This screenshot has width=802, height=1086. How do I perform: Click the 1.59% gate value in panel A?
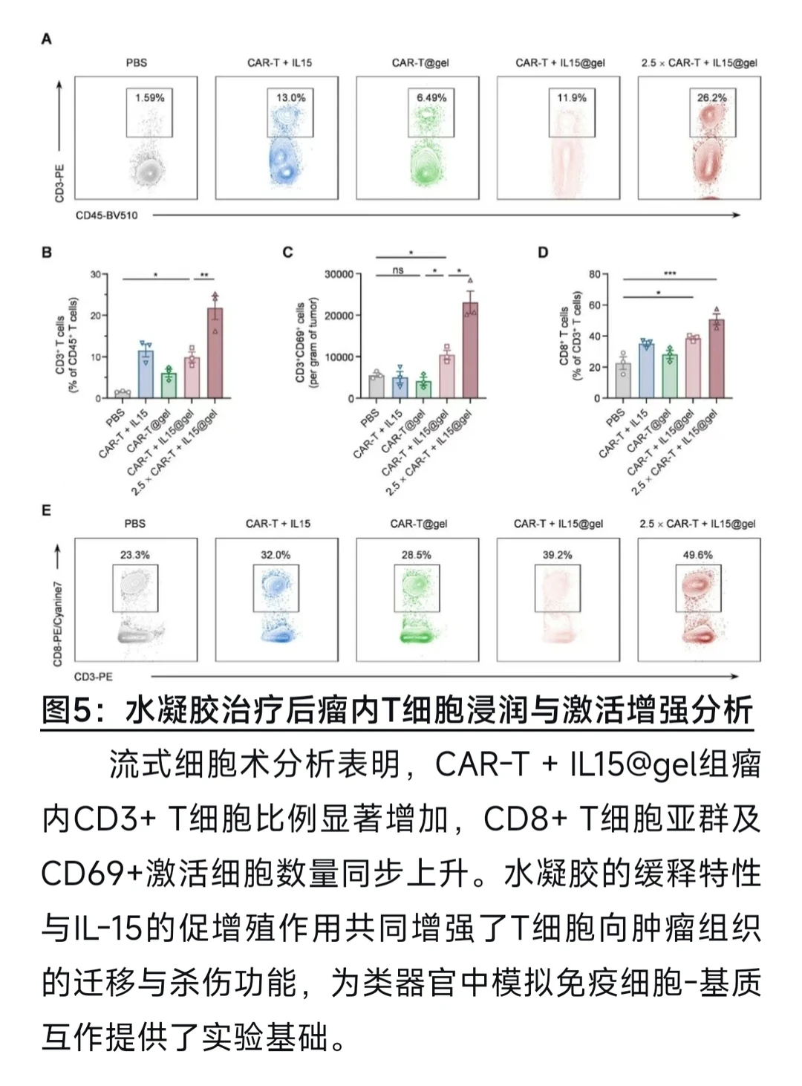click(149, 97)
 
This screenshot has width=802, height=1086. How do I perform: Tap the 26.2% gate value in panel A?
click(711, 97)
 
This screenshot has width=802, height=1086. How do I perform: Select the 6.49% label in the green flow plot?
click(431, 97)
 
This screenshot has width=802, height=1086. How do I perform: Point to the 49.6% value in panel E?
click(697, 555)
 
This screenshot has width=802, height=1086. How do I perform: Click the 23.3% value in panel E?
click(135, 555)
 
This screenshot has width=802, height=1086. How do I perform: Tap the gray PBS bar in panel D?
click(623, 380)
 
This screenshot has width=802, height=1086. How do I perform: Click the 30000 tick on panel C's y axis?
click(339, 274)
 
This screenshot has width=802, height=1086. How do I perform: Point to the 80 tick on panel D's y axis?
click(595, 274)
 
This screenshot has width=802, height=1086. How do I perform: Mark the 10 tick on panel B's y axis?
click(96, 357)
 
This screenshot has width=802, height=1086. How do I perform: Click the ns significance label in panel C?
click(398, 270)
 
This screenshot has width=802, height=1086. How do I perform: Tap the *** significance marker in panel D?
click(670, 274)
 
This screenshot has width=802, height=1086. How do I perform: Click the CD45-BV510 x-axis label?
click(106, 215)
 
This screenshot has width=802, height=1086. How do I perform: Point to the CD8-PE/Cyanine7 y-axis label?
click(58, 624)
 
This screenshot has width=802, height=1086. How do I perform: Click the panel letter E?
click(46, 510)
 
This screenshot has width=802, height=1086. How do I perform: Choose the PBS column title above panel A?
click(136, 63)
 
